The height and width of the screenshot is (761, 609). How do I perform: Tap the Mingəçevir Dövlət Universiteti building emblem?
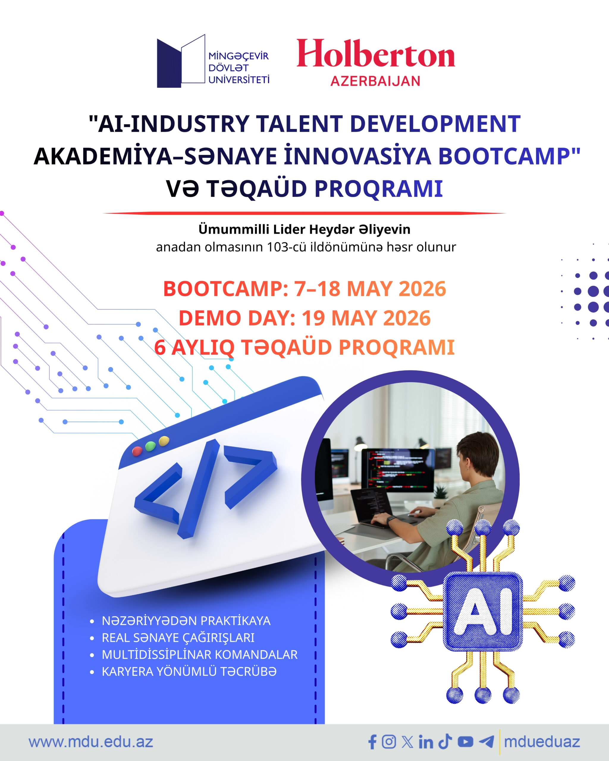[x=181, y=61]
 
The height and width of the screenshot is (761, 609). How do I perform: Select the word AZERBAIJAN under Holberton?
[x=375, y=81]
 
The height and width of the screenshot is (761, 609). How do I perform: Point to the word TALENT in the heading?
[x=299, y=124]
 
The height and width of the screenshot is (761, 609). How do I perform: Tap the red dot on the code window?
[x=137, y=451]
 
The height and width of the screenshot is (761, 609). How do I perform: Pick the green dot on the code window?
[x=150, y=446]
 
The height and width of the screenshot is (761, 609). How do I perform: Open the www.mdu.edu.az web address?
[x=91, y=742]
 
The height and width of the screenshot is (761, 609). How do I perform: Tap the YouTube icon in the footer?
[x=465, y=742]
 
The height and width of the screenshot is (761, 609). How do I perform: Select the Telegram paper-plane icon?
[x=486, y=742]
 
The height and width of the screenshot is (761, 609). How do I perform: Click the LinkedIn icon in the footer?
[x=426, y=742]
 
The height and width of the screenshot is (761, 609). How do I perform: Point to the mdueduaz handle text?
[x=542, y=742]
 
